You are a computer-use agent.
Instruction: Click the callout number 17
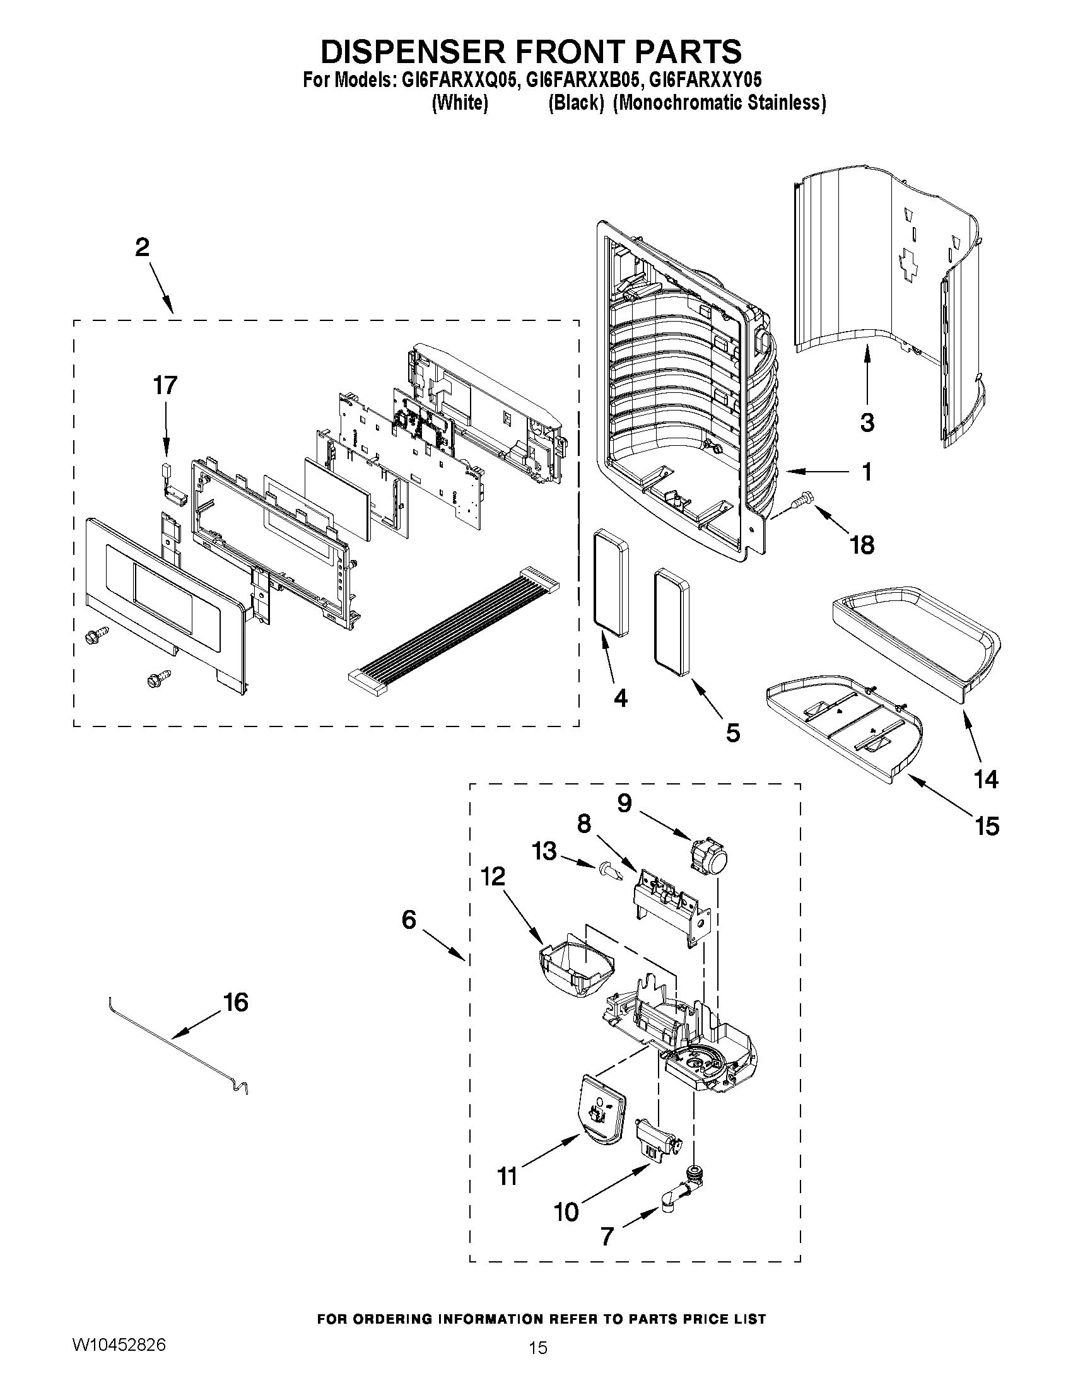[x=165, y=386]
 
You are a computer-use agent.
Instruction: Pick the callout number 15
[x=987, y=826]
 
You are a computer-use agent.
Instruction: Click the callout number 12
[x=493, y=877]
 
